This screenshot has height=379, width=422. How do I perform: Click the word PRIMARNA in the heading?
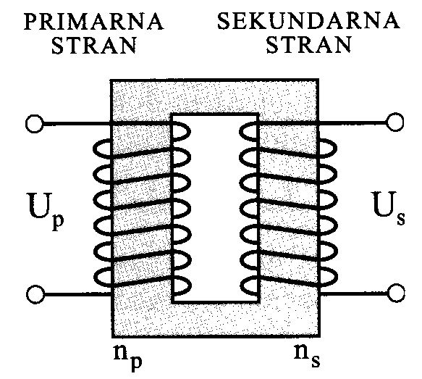[94, 21]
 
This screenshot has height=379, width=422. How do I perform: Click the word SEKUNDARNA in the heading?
[308, 20]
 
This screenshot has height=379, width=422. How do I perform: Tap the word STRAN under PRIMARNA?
[94, 45]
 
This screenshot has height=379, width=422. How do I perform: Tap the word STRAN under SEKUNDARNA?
[308, 44]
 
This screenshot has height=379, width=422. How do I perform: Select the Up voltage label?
[46, 212]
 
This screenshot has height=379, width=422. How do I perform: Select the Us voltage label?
[389, 208]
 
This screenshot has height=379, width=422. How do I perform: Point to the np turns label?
[127, 356]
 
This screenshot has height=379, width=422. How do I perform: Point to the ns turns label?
[307, 355]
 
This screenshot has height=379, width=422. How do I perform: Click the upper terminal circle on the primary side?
[35, 124]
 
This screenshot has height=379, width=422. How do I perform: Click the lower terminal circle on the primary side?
[35, 294]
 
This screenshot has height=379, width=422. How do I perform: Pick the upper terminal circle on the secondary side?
[394, 122]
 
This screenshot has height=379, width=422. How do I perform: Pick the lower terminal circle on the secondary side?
[396, 293]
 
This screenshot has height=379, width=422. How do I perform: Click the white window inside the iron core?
[215, 208]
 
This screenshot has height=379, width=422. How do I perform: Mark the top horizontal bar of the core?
[215, 97]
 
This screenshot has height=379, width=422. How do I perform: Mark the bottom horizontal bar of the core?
[216, 320]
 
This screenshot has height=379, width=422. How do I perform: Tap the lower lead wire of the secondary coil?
[354, 293]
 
